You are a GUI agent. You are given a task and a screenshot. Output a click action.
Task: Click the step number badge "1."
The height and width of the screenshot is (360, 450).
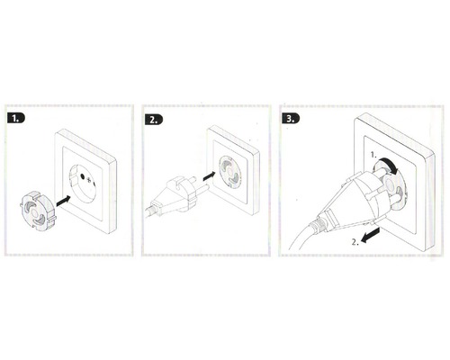coord(17,118)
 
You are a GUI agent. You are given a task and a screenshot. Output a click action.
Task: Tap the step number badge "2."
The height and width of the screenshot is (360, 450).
coord(155,118)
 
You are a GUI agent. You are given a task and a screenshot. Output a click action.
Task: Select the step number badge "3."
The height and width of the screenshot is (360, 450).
coord(292,118)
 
